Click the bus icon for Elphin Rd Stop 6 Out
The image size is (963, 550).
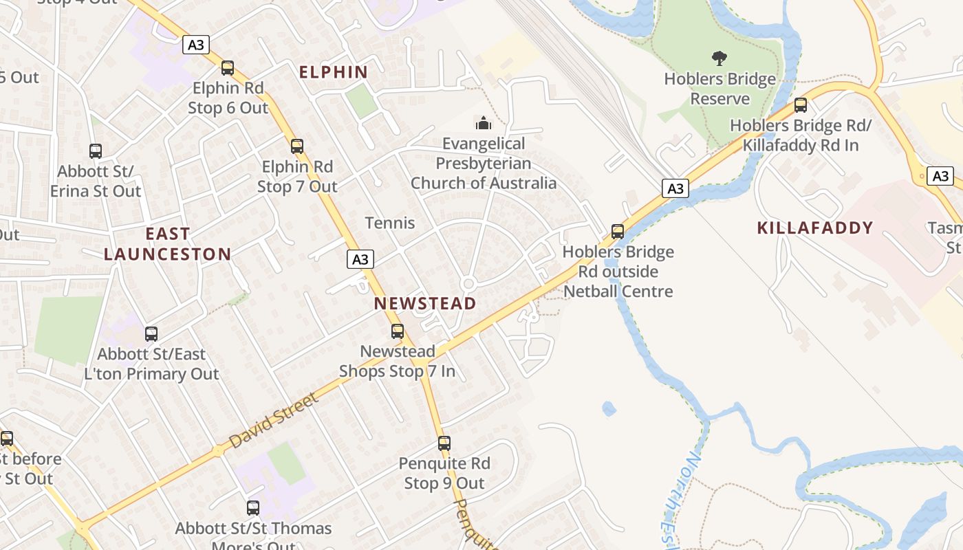click(x=228, y=68)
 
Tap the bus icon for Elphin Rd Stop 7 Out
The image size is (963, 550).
click(x=297, y=146)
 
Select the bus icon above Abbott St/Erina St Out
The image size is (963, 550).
click(x=96, y=151)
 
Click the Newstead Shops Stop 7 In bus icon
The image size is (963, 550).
click(x=398, y=331)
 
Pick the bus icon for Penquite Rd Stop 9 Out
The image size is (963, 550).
click(x=444, y=443)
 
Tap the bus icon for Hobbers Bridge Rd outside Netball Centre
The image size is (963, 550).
click(x=618, y=232)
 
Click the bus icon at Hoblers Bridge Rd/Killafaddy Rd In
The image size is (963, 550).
click(x=800, y=105)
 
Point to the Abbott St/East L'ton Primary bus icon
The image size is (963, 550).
click(x=151, y=334)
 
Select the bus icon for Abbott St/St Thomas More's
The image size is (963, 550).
click(x=253, y=508)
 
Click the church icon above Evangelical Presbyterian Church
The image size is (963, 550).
click(x=484, y=124)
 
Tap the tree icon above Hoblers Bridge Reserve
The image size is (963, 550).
click(x=719, y=58)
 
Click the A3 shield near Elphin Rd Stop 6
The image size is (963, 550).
click(x=196, y=45)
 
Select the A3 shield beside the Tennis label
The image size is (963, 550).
click(x=360, y=259)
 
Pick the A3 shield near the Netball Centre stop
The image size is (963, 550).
click(x=676, y=188)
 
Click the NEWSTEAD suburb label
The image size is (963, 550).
click(x=425, y=303)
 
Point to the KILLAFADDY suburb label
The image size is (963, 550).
click(x=815, y=228)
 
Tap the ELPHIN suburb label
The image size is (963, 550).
click(x=334, y=71)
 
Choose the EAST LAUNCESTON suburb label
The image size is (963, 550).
click(x=168, y=244)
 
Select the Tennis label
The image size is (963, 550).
click(x=390, y=223)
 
